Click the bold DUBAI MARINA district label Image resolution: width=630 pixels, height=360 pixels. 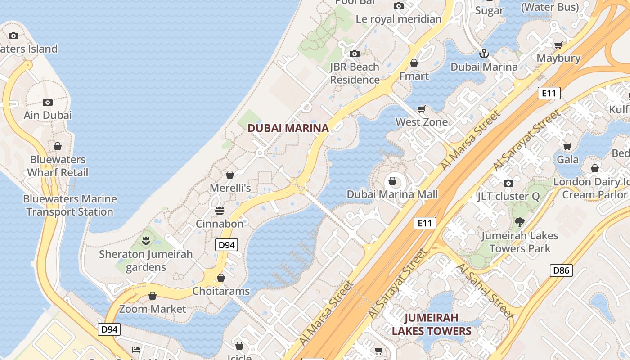point(288,128)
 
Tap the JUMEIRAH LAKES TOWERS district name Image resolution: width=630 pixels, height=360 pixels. point(432,324)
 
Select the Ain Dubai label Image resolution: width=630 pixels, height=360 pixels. point(48,115)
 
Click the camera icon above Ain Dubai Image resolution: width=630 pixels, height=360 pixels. point(48,102)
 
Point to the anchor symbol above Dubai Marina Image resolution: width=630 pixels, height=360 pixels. point(484,54)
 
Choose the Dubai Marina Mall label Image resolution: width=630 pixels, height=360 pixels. point(392,194)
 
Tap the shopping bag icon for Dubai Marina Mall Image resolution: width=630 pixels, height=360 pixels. point(392,181)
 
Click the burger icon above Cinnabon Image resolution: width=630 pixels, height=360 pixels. point(220,211)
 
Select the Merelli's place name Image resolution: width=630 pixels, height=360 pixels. point(230,188)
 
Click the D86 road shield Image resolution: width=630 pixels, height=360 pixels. point(561,270)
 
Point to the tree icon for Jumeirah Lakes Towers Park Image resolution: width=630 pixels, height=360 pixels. point(520,222)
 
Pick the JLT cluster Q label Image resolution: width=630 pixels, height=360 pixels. point(508,196)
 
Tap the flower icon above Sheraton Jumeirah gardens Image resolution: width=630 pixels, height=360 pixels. point(145,241)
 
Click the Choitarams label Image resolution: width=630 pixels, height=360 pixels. point(221,291)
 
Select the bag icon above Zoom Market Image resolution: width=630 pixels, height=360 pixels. point(153,296)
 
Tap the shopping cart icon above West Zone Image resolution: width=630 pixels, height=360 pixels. point(422,109)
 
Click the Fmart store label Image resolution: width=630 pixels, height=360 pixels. point(414,76)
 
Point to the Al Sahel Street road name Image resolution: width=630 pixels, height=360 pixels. point(485,291)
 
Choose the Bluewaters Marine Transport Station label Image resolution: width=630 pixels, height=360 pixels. point(70,205)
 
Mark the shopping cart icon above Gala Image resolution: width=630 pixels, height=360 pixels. point(567,146)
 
